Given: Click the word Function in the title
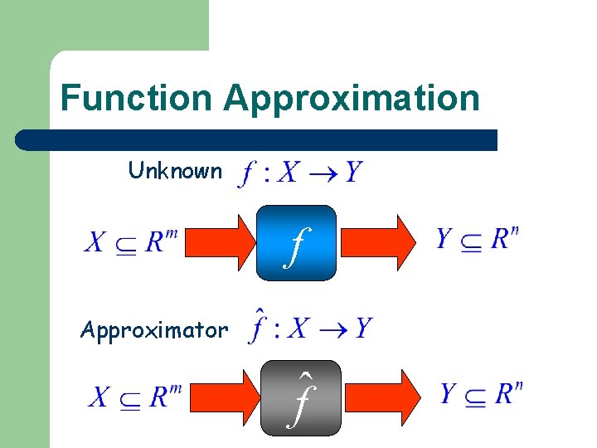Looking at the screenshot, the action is (x=136, y=98).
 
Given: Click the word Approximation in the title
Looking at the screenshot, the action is (x=351, y=98).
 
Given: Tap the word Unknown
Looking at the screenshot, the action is (x=175, y=171).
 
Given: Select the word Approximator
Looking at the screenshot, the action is (x=154, y=330).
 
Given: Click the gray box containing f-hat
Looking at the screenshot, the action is (x=300, y=398).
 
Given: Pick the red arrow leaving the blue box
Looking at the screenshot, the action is (x=381, y=241).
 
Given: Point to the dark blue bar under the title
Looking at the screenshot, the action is (x=257, y=139).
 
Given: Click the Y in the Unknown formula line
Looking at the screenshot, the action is (x=352, y=173).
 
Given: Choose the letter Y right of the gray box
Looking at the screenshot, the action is (x=449, y=393).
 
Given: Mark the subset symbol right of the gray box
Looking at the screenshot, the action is (x=475, y=397).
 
